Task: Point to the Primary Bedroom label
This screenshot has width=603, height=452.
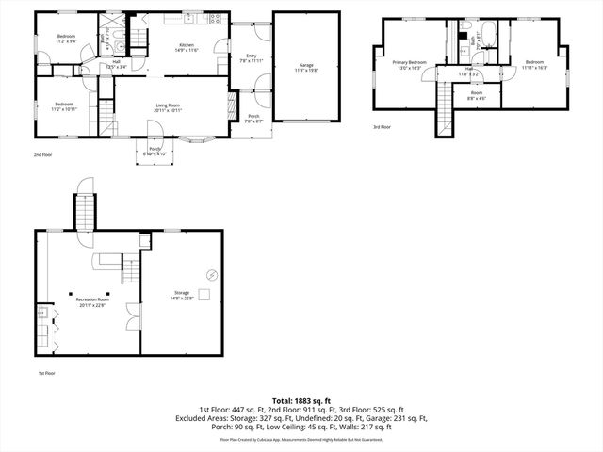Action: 410,62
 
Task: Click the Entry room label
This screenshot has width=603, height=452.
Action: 252,56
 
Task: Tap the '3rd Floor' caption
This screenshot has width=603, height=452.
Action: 382,126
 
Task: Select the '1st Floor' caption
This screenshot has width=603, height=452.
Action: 47,374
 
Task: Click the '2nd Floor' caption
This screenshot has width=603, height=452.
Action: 43,153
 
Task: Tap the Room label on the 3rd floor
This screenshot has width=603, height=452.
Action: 477,92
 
